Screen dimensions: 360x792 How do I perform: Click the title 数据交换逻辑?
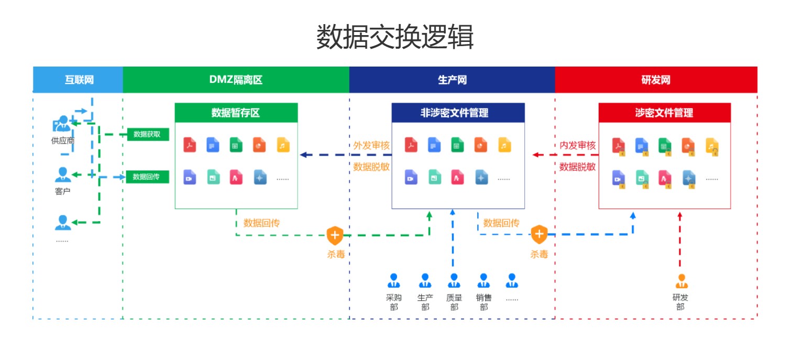pyautogui.click(x=395, y=37)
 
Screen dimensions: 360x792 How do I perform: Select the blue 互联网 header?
pyautogui.click(x=79, y=80)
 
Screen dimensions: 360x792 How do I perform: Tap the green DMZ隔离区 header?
pyautogui.click(x=236, y=80)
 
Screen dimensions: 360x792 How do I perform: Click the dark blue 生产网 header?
pyautogui.click(x=452, y=80)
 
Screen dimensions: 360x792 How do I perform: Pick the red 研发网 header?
pyautogui.click(x=656, y=80)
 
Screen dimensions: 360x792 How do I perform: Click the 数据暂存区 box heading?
pyautogui.click(x=236, y=113)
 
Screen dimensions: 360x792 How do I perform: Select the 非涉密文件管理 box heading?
pyautogui.click(x=458, y=113)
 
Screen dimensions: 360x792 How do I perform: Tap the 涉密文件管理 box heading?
pyautogui.click(x=664, y=113)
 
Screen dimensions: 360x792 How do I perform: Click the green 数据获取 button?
pyautogui.click(x=148, y=134)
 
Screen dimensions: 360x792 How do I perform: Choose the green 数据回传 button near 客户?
pyautogui.click(x=148, y=177)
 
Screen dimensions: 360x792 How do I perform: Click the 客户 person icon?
pyautogui.click(x=62, y=174)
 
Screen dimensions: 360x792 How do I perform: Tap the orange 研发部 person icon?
pyautogui.click(x=680, y=281)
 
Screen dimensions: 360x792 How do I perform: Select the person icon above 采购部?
pyautogui.click(x=393, y=281)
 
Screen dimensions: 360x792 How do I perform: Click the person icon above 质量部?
pyautogui.click(x=454, y=281)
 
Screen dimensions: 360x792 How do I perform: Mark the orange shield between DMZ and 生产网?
pyautogui.click(x=335, y=235)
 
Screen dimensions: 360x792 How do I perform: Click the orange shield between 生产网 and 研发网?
pyautogui.click(x=539, y=234)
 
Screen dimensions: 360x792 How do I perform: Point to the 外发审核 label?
pyautogui.click(x=371, y=146)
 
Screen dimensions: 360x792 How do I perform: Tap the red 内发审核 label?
pyautogui.click(x=577, y=146)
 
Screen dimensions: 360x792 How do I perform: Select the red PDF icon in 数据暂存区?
pyautogui.click(x=190, y=145)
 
